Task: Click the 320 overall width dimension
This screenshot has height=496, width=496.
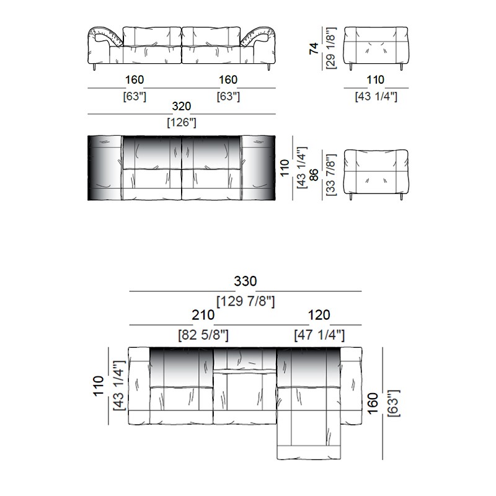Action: tap(181, 106)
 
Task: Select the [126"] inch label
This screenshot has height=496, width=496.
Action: tap(182, 122)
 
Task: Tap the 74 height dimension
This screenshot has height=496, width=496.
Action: tap(314, 48)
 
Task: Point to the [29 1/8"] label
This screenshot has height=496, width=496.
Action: tap(330, 48)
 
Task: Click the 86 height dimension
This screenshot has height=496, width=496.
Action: tap(314, 175)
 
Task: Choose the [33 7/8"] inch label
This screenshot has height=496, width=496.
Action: tap(330, 175)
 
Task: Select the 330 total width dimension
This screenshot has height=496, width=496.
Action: tap(245, 281)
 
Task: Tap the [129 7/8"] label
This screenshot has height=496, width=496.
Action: tap(246, 301)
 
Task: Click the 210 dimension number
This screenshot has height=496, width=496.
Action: tap(203, 315)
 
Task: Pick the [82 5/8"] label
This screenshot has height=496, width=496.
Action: tap(203, 335)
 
